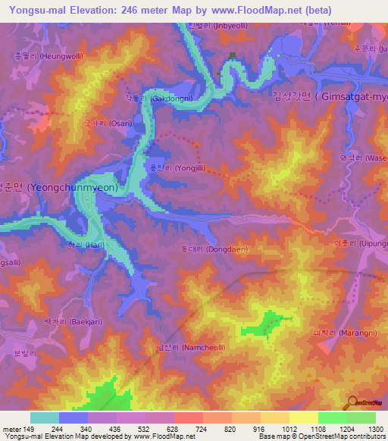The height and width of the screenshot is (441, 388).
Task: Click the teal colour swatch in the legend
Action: click(45, 418)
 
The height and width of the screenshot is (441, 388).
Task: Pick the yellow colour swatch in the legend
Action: click(304, 418)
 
